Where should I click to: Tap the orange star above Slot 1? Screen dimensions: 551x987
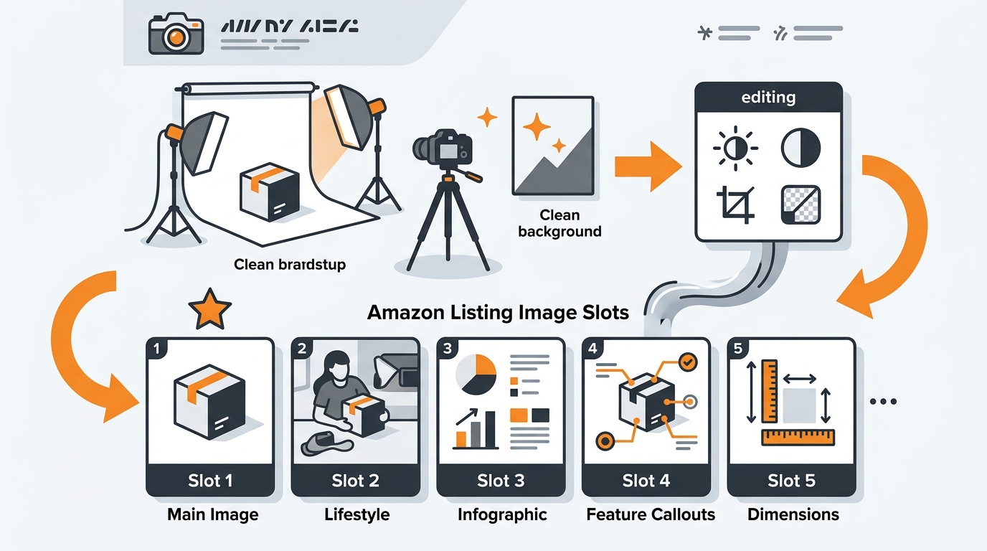pos(209,310)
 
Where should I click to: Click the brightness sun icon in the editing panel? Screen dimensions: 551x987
pos(735,149)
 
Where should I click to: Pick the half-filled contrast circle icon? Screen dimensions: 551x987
pos(800,149)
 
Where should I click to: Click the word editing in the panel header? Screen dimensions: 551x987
pos(768,98)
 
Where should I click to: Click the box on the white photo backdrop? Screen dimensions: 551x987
pos(270,191)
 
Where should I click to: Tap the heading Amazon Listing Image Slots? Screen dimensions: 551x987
pos(498,313)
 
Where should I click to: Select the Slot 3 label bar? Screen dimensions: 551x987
pos(501,481)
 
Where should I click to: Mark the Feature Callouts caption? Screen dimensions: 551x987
pos(651,514)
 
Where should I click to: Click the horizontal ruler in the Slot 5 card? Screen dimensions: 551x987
pos(798,437)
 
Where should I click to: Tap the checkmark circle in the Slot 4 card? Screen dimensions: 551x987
pos(686,363)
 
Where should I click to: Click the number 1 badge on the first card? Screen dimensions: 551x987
pos(156,349)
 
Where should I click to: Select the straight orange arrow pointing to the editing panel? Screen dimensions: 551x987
pos(647,166)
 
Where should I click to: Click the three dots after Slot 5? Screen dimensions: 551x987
pos(883,402)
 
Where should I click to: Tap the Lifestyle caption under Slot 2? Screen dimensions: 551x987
pos(356,514)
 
